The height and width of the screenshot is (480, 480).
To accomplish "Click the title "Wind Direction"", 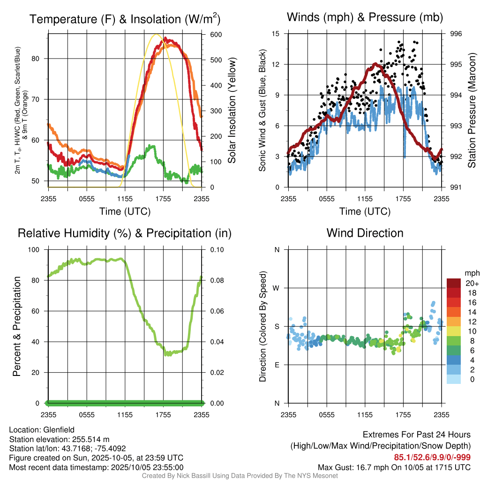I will click(365, 233).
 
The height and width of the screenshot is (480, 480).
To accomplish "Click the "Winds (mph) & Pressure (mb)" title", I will click(365, 18).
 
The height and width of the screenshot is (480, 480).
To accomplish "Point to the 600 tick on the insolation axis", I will click(216, 35).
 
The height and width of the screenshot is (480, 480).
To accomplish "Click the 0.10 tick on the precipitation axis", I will click(216, 250).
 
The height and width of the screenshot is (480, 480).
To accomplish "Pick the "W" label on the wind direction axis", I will click(277, 288).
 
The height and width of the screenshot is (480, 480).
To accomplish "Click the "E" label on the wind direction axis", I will click(277, 365).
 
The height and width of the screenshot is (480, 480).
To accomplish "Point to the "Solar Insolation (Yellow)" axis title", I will click(232, 111).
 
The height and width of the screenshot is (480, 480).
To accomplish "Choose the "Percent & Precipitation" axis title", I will click(17, 326).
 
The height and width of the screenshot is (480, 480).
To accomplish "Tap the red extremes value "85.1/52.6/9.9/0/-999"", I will click(432, 457).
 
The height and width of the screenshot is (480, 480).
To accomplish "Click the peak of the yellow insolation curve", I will click(157, 34).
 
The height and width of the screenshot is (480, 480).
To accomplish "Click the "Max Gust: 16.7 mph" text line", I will click(394, 467).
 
